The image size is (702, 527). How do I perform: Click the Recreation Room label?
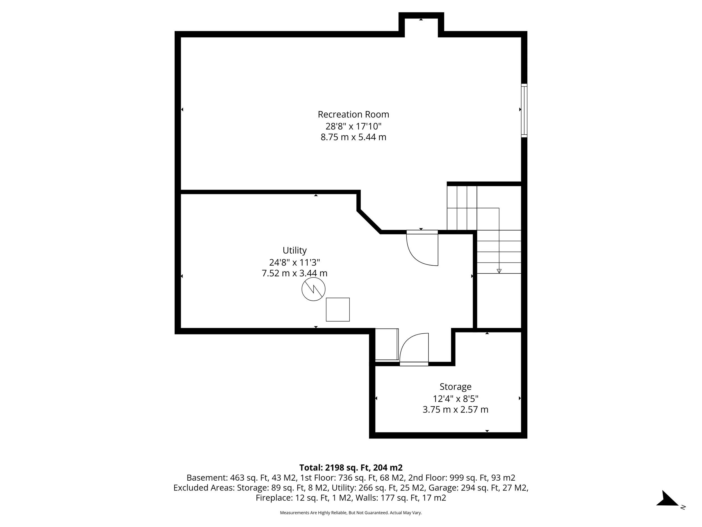click(353, 114)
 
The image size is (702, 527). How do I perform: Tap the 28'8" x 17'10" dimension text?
click(353, 126)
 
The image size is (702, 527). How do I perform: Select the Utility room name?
click(295, 250)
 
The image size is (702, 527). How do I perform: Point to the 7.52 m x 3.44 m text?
click(295, 273)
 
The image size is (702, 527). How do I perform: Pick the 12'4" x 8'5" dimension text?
click(455, 399)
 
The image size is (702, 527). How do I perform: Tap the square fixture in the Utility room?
click(338, 309)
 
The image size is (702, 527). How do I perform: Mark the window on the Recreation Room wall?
click(524, 110)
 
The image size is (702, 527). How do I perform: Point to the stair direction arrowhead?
click(499, 271)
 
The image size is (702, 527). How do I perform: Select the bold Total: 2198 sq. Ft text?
click(351, 468)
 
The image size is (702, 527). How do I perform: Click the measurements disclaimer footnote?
click(351, 513)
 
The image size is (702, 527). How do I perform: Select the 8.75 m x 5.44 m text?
click(353, 137)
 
